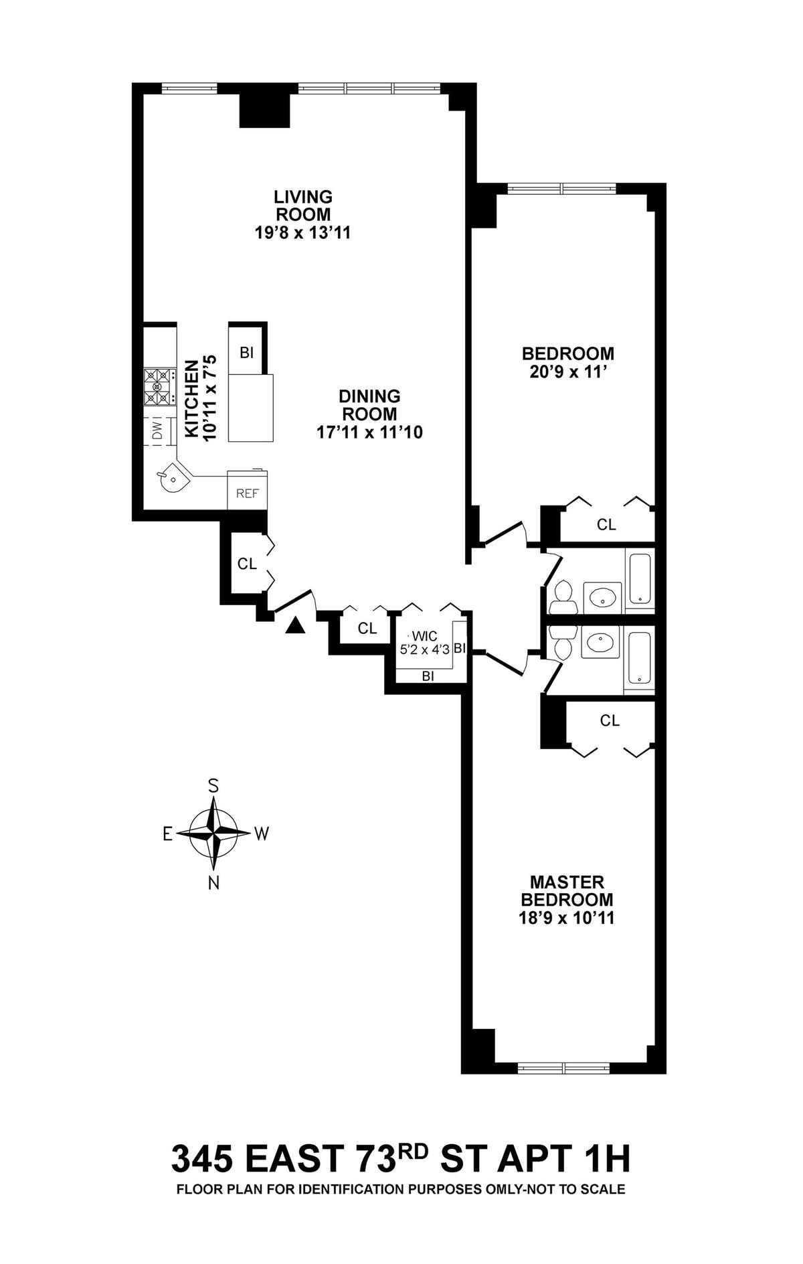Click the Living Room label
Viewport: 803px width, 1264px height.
[302, 206]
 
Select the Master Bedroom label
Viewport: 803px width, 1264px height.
[567, 890]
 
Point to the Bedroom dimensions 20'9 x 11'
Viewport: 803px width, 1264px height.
[567, 370]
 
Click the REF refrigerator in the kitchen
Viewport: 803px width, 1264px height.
[248, 494]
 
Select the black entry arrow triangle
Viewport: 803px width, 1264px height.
[295, 625]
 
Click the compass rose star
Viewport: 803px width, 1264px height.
[213, 834]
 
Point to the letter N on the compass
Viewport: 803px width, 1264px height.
[213, 883]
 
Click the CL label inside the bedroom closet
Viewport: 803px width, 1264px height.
[606, 525]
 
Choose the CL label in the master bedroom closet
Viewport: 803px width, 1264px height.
[610, 720]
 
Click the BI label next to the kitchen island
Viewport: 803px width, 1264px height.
[246, 352]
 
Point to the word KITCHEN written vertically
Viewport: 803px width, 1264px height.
[191, 399]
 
